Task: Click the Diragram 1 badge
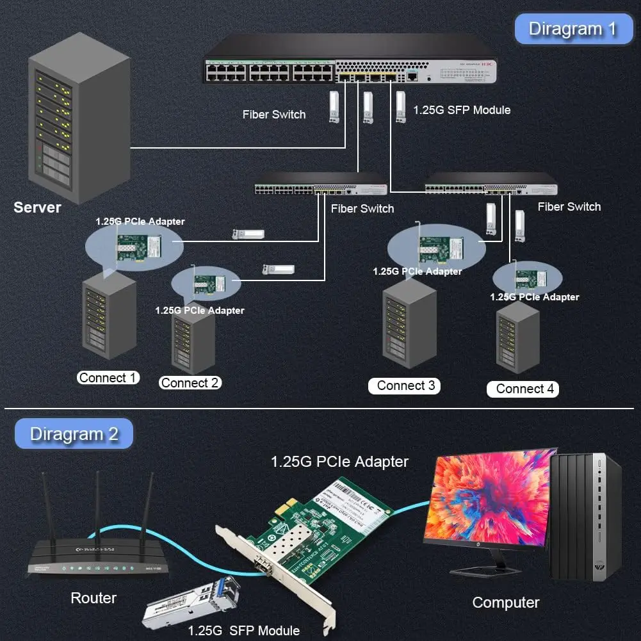click(x=572, y=29)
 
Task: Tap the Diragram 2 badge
click(x=74, y=434)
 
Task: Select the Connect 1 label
click(x=108, y=378)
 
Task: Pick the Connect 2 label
click(x=190, y=383)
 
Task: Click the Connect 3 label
click(x=405, y=385)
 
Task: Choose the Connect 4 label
click(x=524, y=389)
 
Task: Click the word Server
click(x=37, y=207)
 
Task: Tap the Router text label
click(x=93, y=598)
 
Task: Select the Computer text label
click(x=505, y=603)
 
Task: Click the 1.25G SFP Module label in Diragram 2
click(x=243, y=630)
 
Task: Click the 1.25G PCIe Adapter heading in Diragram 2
click(x=339, y=461)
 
